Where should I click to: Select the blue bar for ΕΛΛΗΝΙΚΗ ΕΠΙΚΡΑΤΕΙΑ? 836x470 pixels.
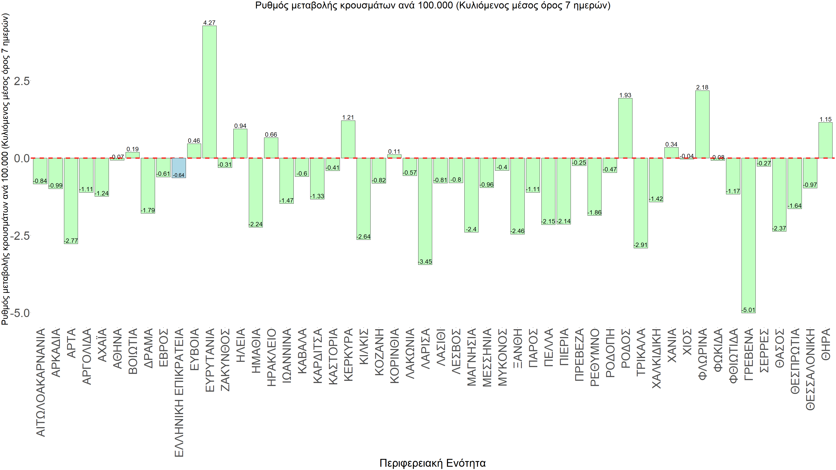point(179,168)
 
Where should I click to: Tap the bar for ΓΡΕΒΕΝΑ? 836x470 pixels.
point(748,235)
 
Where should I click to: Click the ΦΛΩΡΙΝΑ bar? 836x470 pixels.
point(702,124)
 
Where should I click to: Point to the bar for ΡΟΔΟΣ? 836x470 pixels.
point(625,128)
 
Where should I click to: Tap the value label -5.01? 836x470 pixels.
point(748,310)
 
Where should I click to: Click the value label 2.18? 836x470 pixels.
point(702,87)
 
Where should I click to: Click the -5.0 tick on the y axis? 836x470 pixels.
point(20,313)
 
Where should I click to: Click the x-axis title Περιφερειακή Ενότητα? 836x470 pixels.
point(432,463)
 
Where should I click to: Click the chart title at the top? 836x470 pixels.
point(433,5)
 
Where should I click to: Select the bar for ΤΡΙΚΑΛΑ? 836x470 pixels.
point(641,203)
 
